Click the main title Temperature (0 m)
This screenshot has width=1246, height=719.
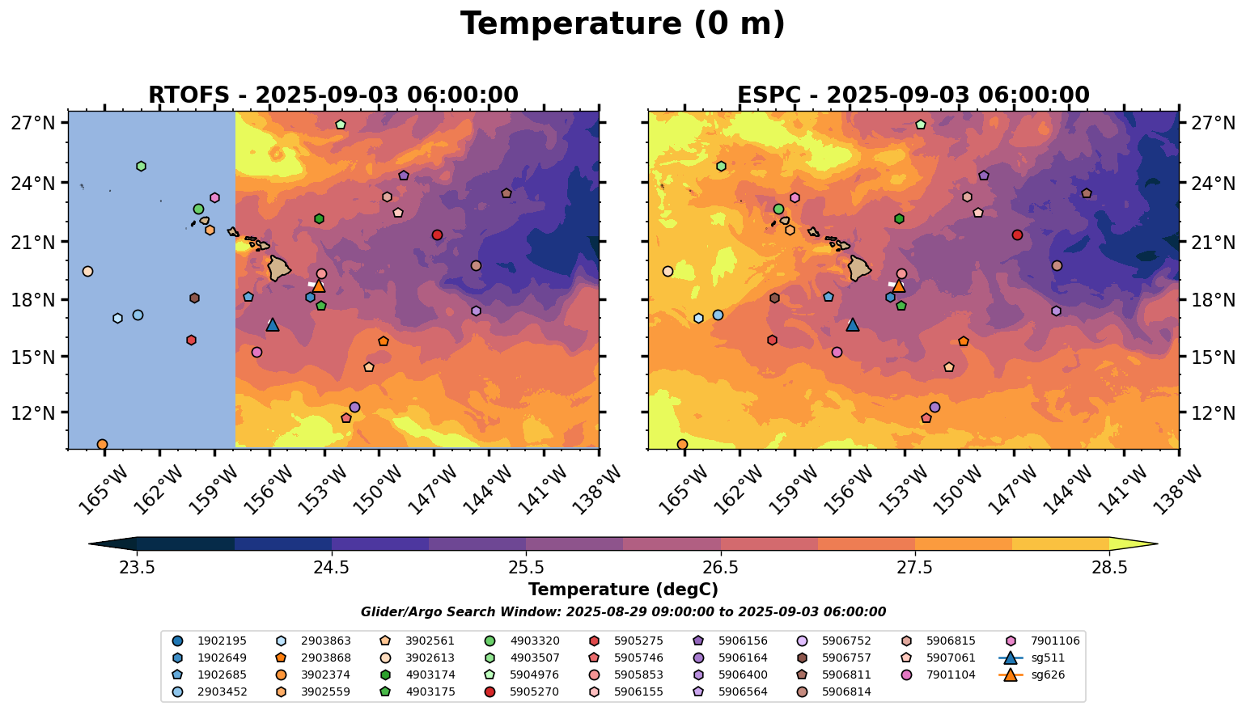click(622, 24)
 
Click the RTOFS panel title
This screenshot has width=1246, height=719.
click(333, 95)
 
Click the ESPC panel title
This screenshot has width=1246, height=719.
click(913, 95)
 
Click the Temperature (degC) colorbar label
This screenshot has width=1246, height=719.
click(623, 590)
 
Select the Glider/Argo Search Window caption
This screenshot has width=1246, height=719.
click(623, 612)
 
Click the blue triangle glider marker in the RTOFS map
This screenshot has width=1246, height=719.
click(273, 324)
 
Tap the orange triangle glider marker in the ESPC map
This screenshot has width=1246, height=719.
click(898, 285)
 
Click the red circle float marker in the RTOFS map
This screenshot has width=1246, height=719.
click(437, 235)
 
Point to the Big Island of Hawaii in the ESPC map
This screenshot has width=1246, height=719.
click(859, 268)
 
